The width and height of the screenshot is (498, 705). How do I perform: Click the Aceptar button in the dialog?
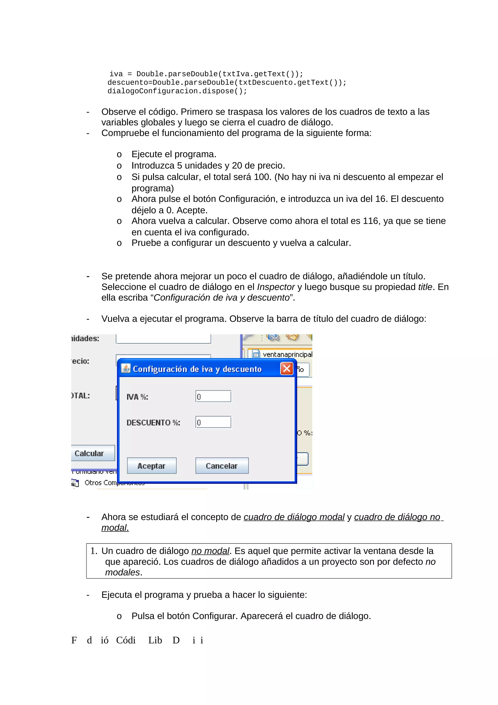click(151, 466)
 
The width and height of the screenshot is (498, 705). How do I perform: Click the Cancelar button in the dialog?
click(222, 466)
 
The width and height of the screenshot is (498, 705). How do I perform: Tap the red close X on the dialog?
click(287, 369)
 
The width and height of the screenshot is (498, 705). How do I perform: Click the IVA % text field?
click(213, 396)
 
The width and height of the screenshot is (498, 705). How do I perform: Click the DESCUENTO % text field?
click(213, 422)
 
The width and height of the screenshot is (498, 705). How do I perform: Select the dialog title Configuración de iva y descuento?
click(197, 369)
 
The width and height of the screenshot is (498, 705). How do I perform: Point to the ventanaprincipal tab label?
click(287, 354)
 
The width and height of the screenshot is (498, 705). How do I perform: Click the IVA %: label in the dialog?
click(137, 397)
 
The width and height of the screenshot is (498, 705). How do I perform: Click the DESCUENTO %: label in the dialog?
click(153, 423)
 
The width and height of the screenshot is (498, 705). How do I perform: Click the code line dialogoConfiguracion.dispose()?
click(177, 91)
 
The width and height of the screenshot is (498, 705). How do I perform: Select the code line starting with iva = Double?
click(206, 74)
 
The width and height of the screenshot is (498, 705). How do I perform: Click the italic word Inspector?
click(276, 287)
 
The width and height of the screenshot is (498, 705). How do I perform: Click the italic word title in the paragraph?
click(425, 287)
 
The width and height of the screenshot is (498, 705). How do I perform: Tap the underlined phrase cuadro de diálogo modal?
click(294, 517)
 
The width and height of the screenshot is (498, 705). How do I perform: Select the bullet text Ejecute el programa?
click(174, 154)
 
